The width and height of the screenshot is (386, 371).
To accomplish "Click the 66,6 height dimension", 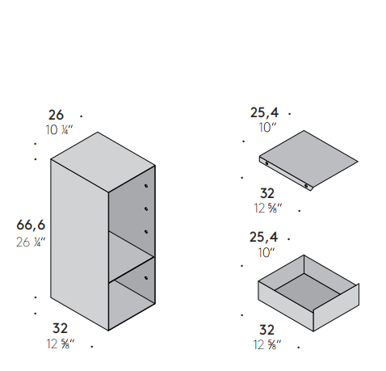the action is coord(31,225).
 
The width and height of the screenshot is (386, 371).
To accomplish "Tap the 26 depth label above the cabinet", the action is coord(56,115).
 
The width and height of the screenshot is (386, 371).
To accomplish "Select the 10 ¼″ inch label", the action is coord(59,130).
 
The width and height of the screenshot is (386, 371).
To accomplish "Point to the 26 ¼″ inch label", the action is coord(31,242).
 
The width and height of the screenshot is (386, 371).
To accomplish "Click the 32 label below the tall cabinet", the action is coord(60,328).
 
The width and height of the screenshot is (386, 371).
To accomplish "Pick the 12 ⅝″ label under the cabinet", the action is coord(61,344).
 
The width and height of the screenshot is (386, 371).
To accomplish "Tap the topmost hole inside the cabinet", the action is coord(146,186).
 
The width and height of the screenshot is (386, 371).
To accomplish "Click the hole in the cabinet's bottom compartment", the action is coord(146,278).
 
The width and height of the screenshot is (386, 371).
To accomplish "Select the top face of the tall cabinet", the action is coord(103,162).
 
